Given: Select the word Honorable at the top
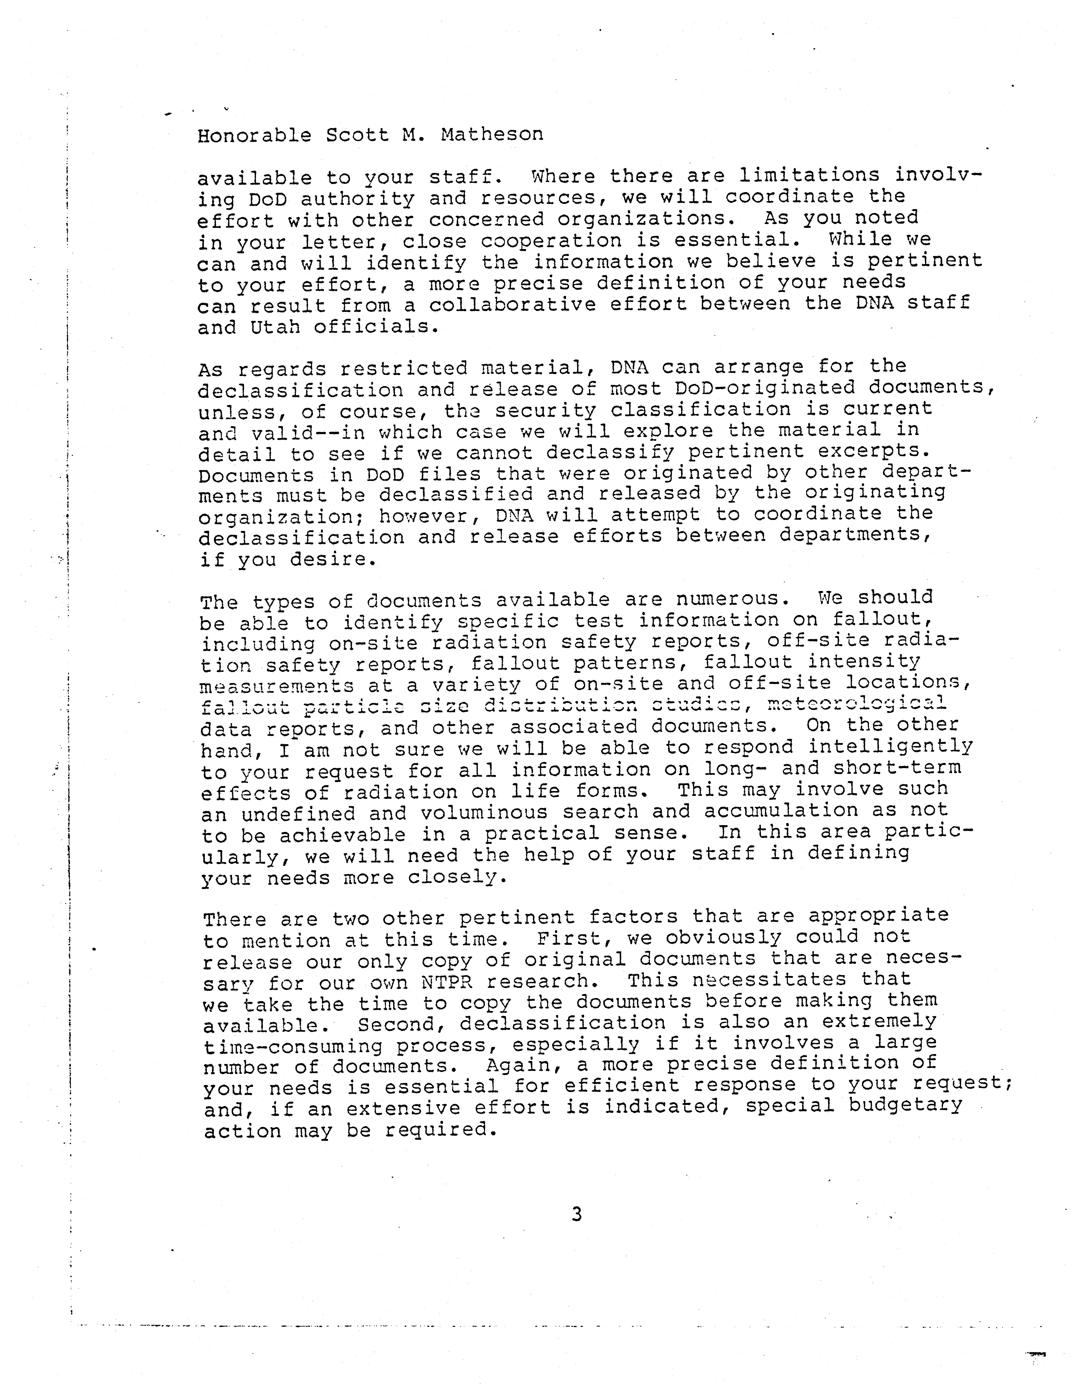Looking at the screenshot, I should coord(254,135).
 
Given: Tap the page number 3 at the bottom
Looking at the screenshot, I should coord(576,1214).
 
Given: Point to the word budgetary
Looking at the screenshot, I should coord(906,1106).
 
